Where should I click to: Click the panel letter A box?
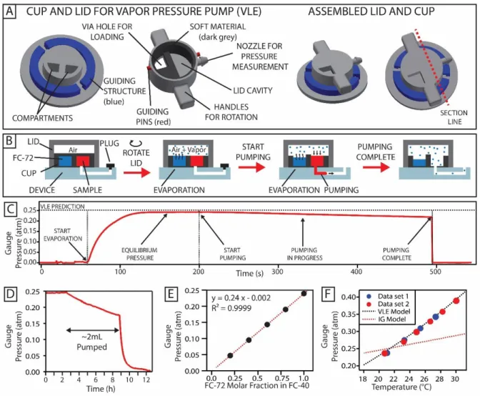click(x=10, y=11)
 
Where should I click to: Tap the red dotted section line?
click(x=431, y=66)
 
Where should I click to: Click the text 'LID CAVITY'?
click(x=253, y=91)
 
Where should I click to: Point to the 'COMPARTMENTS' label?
click(x=43, y=118)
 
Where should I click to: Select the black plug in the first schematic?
click(x=111, y=167)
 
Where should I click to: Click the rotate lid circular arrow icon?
click(x=134, y=143)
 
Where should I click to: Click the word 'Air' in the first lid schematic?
click(x=73, y=150)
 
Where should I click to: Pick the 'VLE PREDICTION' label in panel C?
click(x=62, y=207)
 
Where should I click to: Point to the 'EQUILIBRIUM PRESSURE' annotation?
click(x=139, y=254)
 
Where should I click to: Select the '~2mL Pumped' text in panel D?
click(x=92, y=342)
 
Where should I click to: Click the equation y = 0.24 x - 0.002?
click(x=241, y=297)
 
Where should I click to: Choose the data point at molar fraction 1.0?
click(x=304, y=293)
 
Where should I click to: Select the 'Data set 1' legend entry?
click(x=388, y=296)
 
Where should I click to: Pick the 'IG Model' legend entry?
click(x=386, y=320)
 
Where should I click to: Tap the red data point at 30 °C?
click(x=456, y=301)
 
